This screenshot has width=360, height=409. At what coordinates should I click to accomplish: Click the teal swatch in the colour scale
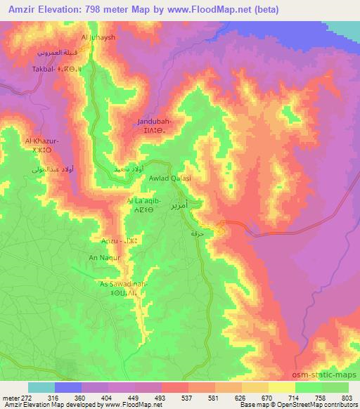[41, 387]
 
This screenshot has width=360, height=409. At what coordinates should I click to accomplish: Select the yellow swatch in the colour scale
[281, 387]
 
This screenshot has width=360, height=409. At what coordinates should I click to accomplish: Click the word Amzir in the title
[18, 9]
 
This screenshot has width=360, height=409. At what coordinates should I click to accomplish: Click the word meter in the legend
[12, 397]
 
